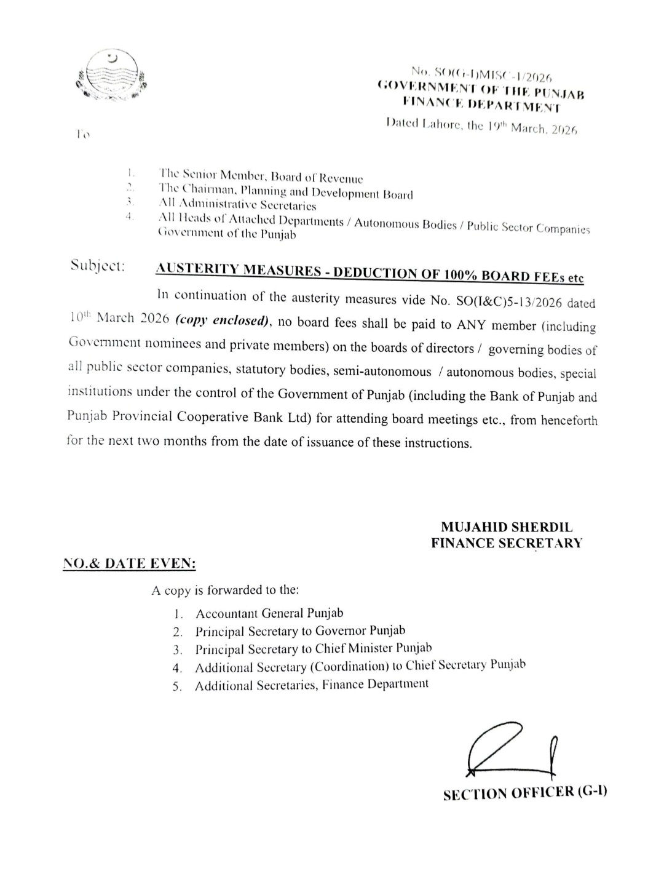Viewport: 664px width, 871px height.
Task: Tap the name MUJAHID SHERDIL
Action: pos(506,527)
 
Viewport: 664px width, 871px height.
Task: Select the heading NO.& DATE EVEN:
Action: pos(130,563)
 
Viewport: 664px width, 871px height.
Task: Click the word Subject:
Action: pos(98,266)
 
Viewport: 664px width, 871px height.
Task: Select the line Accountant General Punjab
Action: pos(269,613)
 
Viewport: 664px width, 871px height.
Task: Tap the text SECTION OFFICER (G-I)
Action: pos(525,793)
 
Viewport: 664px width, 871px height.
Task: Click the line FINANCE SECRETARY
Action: pos(506,543)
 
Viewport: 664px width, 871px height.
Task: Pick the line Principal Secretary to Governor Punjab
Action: pos(300,630)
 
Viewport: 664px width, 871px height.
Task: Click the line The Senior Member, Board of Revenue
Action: pos(261,177)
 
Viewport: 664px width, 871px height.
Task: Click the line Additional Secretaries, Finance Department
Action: pos(312,684)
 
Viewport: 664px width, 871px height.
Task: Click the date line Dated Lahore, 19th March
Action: pos(481,127)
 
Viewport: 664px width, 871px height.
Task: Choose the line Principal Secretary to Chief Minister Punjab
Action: pos(314,648)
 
